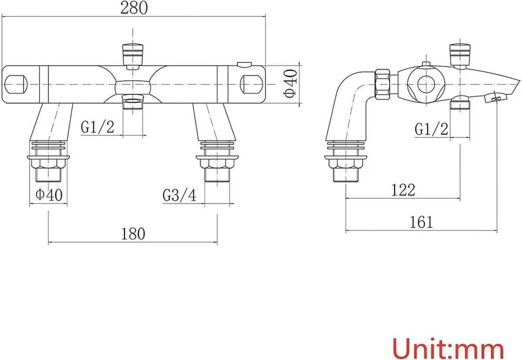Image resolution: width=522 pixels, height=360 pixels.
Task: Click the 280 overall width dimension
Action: pos(134,8)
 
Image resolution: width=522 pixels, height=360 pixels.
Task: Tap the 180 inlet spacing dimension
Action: pos(133,233)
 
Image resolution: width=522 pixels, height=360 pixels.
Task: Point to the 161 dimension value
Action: pos(421,222)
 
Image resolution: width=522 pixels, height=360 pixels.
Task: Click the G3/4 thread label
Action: pos(179,195)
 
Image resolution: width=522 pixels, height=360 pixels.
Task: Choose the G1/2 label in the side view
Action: pos(431,129)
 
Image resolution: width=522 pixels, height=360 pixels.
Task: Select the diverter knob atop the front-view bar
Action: pos(133,55)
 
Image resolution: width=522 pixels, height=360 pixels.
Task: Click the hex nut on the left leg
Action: pos(48,164)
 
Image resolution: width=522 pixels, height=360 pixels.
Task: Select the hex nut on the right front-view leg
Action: pos(217,164)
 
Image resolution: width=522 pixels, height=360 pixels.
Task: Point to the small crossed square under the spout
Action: pos(495,100)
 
